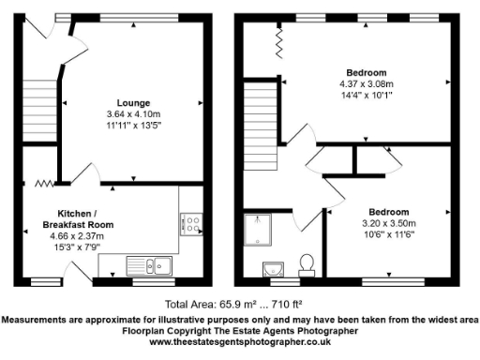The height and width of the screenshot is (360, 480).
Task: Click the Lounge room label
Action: point(134,102)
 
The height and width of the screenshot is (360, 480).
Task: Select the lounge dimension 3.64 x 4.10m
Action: point(134,113)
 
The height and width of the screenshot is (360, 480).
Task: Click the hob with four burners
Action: point(190,224)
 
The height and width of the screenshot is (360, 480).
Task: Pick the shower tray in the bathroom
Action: point(255,229)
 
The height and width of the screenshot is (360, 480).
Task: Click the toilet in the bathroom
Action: point(306,262)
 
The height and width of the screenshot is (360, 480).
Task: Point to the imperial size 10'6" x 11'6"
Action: point(387,235)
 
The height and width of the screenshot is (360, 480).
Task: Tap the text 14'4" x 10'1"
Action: point(367,94)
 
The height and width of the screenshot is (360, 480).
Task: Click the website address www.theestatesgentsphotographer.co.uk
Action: point(240,342)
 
